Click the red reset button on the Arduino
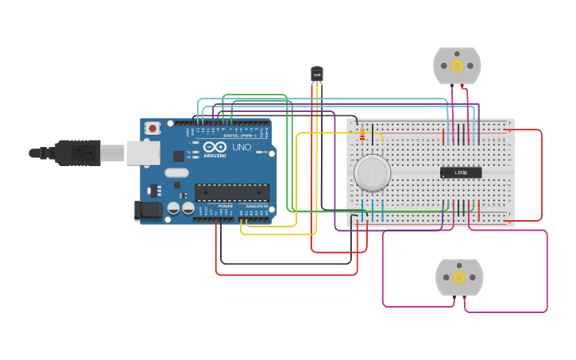[x=152, y=127]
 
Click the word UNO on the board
[x=242, y=148]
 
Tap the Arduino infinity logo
[x=215, y=147]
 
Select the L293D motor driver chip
[x=461, y=172]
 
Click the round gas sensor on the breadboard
[x=372, y=172]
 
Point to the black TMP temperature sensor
[x=317, y=74]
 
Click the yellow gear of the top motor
[x=457, y=65]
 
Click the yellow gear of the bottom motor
[x=459, y=277]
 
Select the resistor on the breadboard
[x=363, y=135]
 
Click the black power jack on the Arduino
[x=148, y=211]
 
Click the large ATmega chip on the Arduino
[x=232, y=192]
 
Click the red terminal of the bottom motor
[x=465, y=298]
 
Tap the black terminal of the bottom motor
[x=454, y=298]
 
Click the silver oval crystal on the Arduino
[x=177, y=172]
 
